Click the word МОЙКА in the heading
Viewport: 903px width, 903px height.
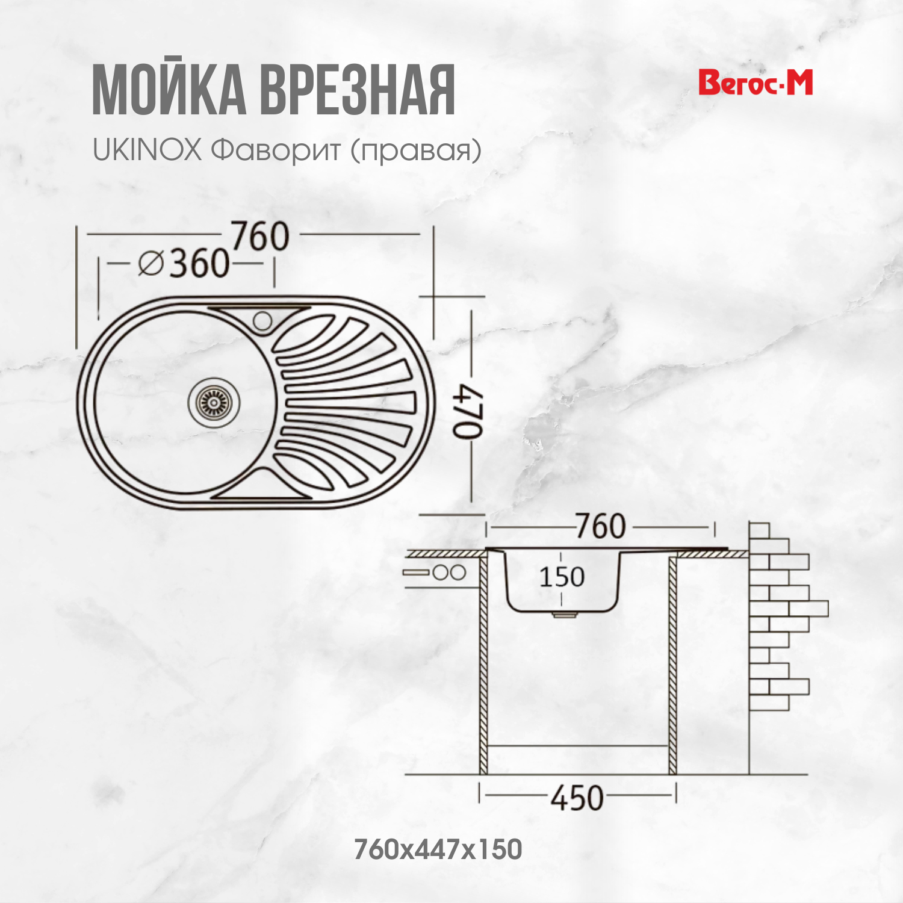[x=169, y=92]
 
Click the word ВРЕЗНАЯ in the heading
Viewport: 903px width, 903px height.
[x=357, y=92]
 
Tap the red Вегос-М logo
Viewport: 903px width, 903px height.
[x=756, y=83]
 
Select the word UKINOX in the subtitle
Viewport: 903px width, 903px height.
[x=147, y=150]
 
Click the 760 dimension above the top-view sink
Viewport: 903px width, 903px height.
[x=260, y=236]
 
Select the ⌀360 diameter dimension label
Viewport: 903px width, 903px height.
[x=184, y=264]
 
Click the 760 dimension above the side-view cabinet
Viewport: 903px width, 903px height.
[x=600, y=527]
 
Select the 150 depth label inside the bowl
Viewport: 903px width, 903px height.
[x=562, y=577]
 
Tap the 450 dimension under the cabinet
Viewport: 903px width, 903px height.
[x=577, y=798]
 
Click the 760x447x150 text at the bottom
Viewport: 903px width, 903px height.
[x=438, y=849]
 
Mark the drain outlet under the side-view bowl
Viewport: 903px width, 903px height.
[x=563, y=614]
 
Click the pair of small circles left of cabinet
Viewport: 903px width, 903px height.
[x=449, y=573]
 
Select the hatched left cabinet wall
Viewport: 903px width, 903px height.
[x=483, y=662]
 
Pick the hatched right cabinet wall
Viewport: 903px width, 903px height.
[x=673, y=662]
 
